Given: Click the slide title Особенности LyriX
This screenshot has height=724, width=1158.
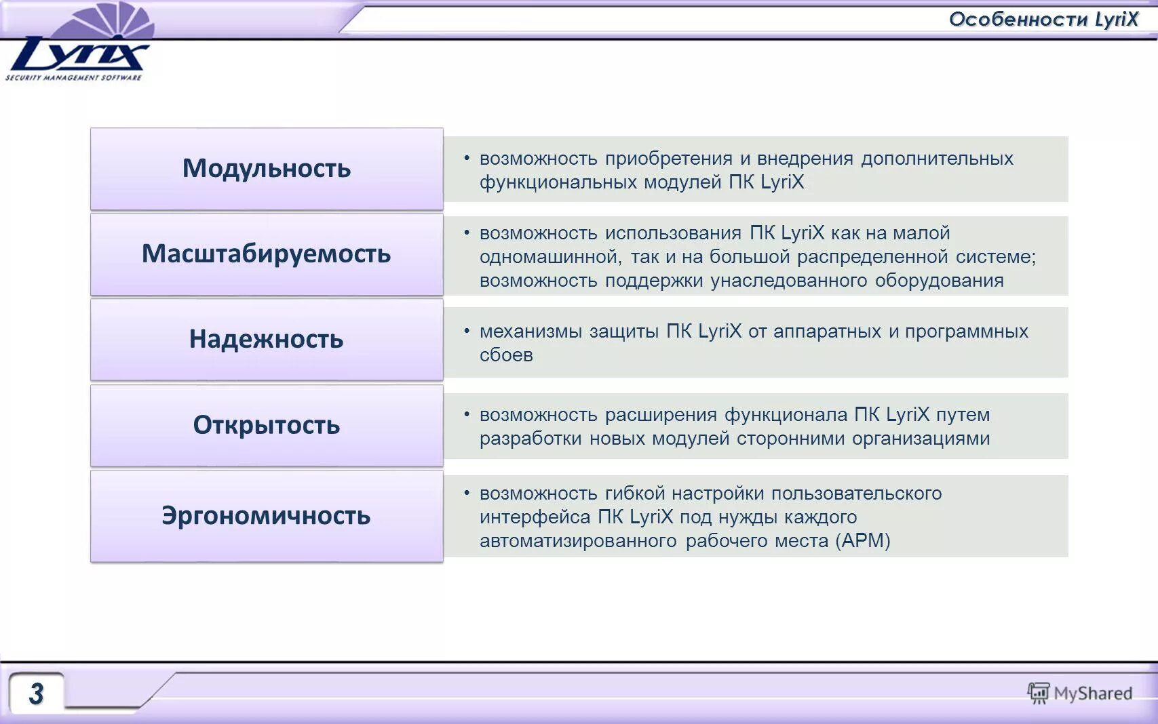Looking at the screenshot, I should [1043, 19].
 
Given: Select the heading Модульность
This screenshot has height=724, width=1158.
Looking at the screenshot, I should [267, 168].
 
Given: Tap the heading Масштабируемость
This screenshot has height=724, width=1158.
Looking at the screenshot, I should [267, 254].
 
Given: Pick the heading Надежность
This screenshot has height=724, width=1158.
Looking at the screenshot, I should [267, 339].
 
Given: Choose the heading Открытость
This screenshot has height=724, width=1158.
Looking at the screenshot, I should [267, 425].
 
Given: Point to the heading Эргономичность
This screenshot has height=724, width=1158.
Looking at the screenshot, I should [267, 516].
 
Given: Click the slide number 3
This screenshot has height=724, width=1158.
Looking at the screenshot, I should [37, 693].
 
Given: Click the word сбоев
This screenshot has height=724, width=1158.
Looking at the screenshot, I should [506, 355].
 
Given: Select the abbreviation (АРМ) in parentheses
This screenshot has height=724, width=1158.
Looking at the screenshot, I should [863, 541].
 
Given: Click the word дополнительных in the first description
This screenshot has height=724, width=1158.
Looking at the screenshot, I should [937, 159].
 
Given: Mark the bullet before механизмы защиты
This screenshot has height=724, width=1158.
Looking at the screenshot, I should [467, 331].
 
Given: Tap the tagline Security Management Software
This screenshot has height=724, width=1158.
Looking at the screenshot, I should [73, 77].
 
